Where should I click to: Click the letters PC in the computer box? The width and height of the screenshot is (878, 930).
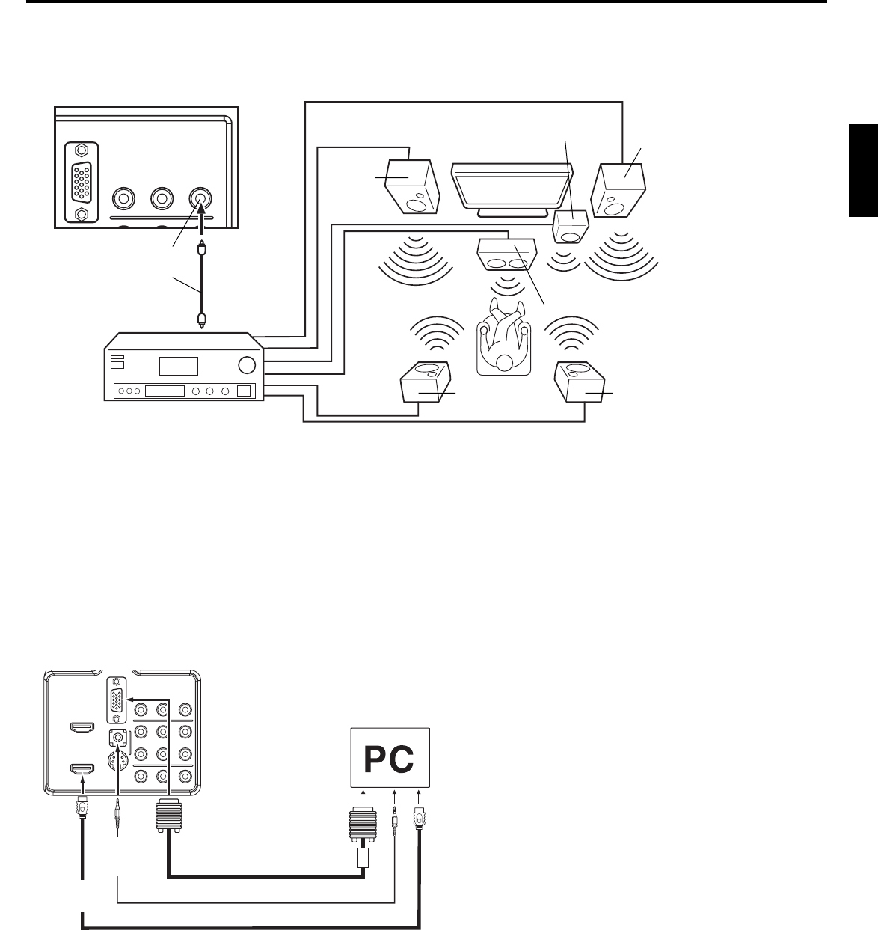pyautogui.click(x=390, y=760)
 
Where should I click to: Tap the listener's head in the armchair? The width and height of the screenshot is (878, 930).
pyautogui.click(x=505, y=362)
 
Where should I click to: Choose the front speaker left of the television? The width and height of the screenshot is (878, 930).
pyautogui.click(x=412, y=185)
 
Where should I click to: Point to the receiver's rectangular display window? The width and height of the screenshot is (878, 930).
pyautogui.click(x=177, y=367)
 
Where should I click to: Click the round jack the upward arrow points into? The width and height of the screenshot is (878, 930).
pyautogui.click(x=200, y=198)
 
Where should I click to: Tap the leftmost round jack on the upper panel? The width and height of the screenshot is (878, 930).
pyautogui.click(x=123, y=198)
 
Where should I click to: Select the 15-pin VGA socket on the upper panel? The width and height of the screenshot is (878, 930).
pyautogui.click(x=82, y=182)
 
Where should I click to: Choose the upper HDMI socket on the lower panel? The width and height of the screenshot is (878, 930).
pyautogui.click(x=81, y=727)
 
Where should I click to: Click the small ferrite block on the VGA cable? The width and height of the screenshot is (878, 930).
pyautogui.click(x=363, y=857)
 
